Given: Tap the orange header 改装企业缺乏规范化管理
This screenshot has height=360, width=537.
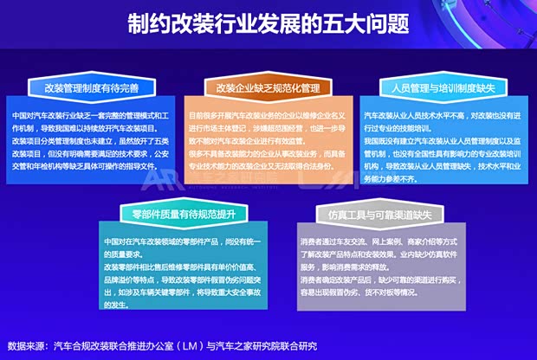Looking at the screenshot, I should (x=268, y=87).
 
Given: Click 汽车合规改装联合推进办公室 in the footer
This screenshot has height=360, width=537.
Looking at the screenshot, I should (x=121, y=343).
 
